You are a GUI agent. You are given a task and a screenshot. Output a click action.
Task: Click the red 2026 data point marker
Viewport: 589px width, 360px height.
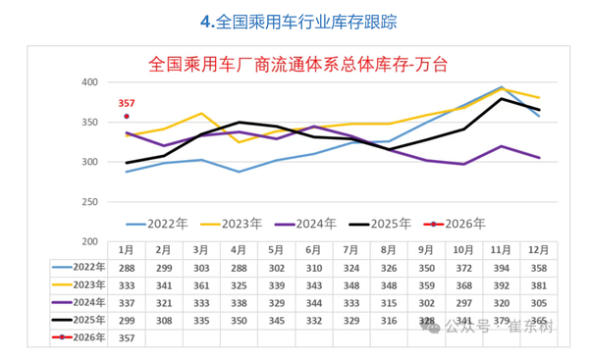pos(127,117)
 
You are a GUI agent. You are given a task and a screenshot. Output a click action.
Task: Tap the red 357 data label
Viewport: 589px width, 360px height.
pos(127,103)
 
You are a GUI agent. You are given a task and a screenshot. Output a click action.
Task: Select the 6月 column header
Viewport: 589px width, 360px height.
pos(315,250)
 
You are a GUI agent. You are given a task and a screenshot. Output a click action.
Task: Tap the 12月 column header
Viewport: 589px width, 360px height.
pos(539,250)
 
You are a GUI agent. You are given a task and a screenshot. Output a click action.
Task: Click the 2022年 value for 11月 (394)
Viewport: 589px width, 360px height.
pos(502,267)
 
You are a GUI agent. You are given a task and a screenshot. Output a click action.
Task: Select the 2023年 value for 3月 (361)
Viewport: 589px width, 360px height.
pos(202,284)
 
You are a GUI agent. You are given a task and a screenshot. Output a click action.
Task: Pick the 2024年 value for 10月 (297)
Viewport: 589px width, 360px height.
pos(464,302)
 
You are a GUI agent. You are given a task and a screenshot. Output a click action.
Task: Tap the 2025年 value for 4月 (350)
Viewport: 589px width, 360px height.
pos(240,320)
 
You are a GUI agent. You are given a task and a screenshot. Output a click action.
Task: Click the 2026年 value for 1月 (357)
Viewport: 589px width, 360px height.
pos(127,337)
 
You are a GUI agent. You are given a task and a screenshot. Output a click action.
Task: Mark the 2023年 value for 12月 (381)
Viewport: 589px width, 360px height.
pos(539,284)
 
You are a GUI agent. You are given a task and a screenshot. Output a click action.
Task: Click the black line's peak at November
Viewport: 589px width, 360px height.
pos(502,98)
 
